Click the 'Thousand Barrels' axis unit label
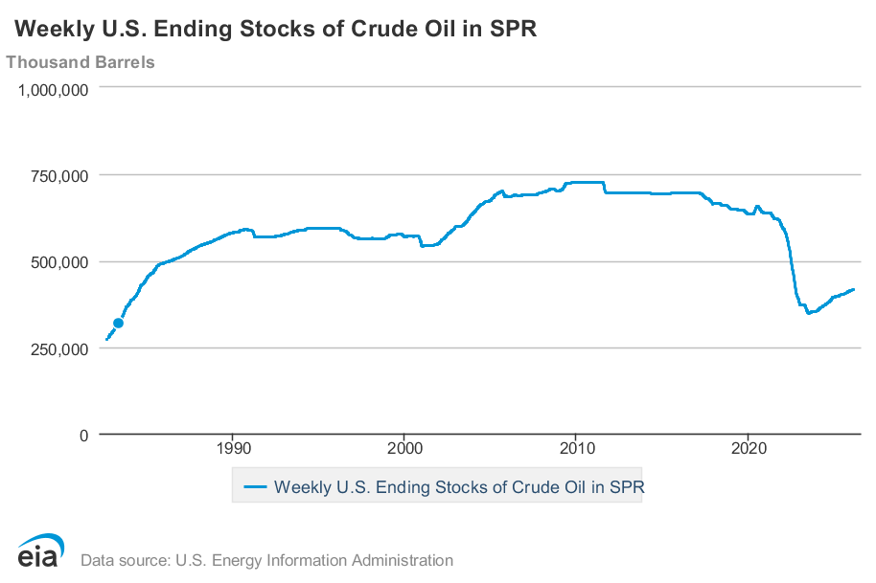click(81, 62)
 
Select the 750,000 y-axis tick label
click(59, 175)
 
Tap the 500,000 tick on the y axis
click(59, 261)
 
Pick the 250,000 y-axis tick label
click(59, 348)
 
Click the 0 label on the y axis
click(83, 435)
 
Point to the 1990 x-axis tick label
click(232, 448)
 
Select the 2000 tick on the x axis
click(403, 448)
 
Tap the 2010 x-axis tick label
click(575, 448)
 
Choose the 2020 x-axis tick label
click(747, 448)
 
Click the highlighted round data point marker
click(118, 324)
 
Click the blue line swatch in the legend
click(254, 487)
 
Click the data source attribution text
click(267, 560)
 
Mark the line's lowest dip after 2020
click(809, 313)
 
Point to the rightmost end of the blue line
click(853, 289)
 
